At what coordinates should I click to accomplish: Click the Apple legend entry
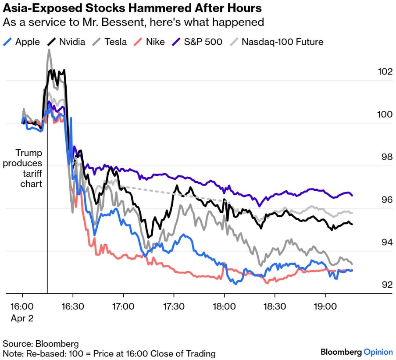pyautogui.click(x=21, y=42)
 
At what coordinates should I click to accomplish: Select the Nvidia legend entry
pyautogui.click(x=66, y=42)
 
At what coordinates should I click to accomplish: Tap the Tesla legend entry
pyautogui.click(x=110, y=42)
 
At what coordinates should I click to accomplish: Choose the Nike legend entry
pyautogui.click(x=149, y=42)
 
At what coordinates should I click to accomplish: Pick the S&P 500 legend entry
pyautogui.click(x=197, y=42)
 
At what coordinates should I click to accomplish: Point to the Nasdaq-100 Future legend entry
pyautogui.click(x=277, y=42)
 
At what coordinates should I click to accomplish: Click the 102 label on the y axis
pyautogui.click(x=385, y=71)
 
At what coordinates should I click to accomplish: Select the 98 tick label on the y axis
pyautogui.click(x=387, y=157)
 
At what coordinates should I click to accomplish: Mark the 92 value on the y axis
pyautogui.click(x=387, y=285)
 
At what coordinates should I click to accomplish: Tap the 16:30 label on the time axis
pyautogui.click(x=73, y=307)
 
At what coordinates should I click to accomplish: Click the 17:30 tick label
pyautogui.click(x=174, y=307)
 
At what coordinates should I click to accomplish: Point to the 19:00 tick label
pyautogui.click(x=325, y=307)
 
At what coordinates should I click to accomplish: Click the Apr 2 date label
pyautogui.click(x=22, y=318)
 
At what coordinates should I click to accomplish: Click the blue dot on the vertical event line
pyautogui.click(x=47, y=112)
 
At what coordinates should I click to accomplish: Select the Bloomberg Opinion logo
pyautogui.click(x=357, y=352)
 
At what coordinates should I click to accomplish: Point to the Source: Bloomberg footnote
pyautogui.click(x=41, y=344)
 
